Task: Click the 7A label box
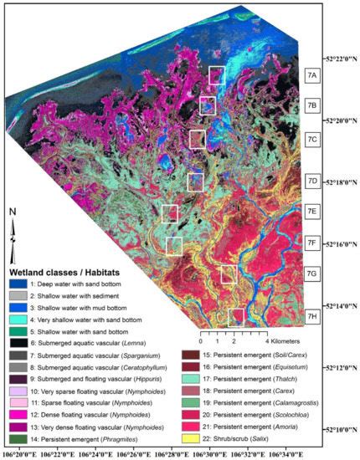313,75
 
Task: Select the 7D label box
313,181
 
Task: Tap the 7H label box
313,316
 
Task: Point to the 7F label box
313,243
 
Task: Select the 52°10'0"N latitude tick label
336,429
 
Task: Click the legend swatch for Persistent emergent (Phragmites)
17,429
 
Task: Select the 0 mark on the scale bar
201,342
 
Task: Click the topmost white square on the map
217,75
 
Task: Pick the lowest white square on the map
237,316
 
